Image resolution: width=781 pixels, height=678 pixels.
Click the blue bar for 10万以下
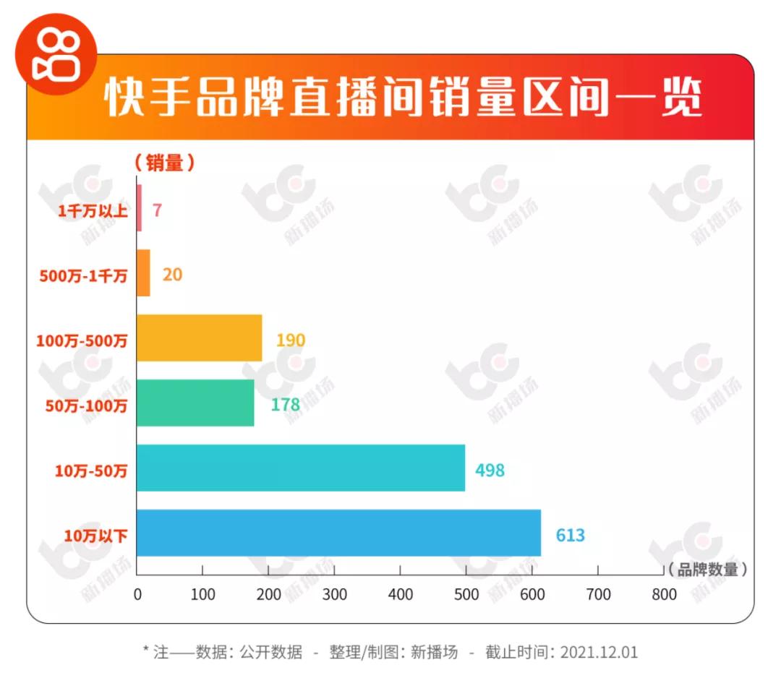pos(338,533)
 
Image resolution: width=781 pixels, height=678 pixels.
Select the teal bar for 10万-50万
pos(300,468)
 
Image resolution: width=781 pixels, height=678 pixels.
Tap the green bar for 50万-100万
pos(195,403)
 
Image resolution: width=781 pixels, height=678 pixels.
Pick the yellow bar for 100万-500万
pos(199,338)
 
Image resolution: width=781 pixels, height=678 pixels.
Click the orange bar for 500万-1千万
pos(143,273)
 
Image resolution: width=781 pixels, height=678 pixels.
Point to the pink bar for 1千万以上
pos(139,208)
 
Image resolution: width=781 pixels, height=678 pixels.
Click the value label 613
pos(570,536)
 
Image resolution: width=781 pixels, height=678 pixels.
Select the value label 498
pos(490,471)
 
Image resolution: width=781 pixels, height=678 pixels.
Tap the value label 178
pos(285,405)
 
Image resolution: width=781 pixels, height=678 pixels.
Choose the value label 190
pos(291,340)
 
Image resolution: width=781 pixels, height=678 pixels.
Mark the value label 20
pos(172,275)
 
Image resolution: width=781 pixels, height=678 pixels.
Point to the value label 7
pos(157,210)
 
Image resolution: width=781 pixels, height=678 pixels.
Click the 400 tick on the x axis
pos(400,594)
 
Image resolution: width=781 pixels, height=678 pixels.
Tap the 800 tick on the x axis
pos(663,594)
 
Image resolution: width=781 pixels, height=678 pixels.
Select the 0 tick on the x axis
pos(137,594)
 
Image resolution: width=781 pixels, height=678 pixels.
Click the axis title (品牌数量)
pos(707,570)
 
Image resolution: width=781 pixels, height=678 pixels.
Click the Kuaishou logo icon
pos(55,55)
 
